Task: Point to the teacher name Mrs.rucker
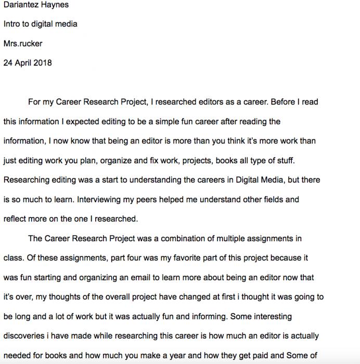click(23, 44)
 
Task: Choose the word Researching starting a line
click(25, 180)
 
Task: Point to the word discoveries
click(27, 336)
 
